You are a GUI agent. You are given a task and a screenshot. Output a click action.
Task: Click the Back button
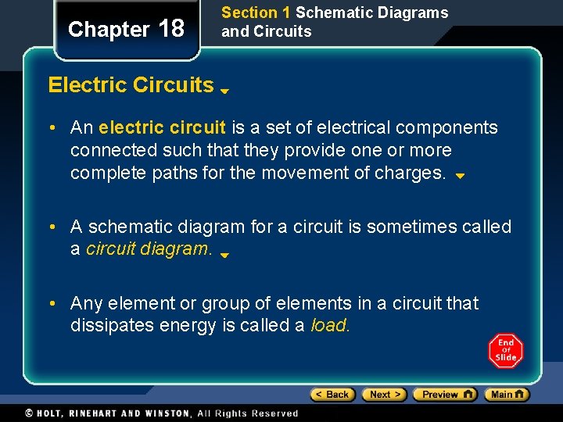tap(333, 395)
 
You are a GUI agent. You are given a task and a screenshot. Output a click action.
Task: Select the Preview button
tap(444, 395)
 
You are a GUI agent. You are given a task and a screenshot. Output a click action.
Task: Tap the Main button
tap(507, 395)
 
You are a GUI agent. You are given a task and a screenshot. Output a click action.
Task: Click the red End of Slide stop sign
tap(506, 351)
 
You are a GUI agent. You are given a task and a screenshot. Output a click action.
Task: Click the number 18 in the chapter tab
tap(171, 29)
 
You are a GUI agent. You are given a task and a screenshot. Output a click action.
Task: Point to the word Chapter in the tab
tap(108, 30)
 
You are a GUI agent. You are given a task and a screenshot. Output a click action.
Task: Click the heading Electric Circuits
tap(131, 85)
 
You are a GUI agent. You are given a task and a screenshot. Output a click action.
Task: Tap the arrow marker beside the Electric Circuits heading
tap(224, 91)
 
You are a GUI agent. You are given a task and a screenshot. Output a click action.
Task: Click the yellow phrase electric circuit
tap(162, 127)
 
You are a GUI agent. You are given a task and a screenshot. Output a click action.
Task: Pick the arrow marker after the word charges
tap(460, 177)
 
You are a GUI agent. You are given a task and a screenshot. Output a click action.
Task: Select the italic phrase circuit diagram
tap(149, 249)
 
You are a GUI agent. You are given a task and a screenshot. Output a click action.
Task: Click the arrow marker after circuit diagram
tap(224, 255)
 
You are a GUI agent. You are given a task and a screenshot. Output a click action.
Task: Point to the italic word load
tap(330, 325)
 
